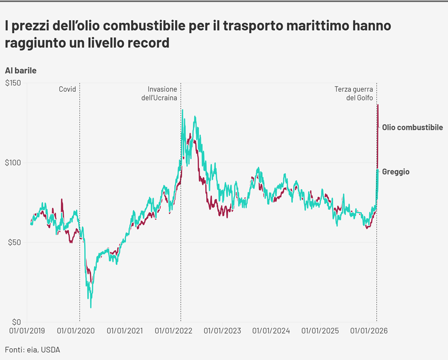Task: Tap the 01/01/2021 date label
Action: pyautogui.click(x=125, y=331)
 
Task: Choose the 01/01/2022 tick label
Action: pyautogui.click(x=173, y=331)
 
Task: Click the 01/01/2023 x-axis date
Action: pyautogui.click(x=221, y=331)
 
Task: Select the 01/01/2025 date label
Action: pyautogui.click(x=319, y=331)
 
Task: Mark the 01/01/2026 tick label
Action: pyautogui.click(x=368, y=331)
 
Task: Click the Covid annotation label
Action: pyautogui.click(x=68, y=89)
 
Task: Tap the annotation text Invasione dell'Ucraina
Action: pyautogui.click(x=160, y=93)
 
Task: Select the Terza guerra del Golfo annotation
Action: pyautogui.click(x=354, y=93)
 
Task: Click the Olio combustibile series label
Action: pyautogui.click(x=412, y=127)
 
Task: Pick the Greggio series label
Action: pyautogui.click(x=396, y=172)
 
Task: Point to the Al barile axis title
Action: pyautogui.click(x=21, y=71)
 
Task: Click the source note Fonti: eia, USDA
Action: pyautogui.click(x=32, y=349)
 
